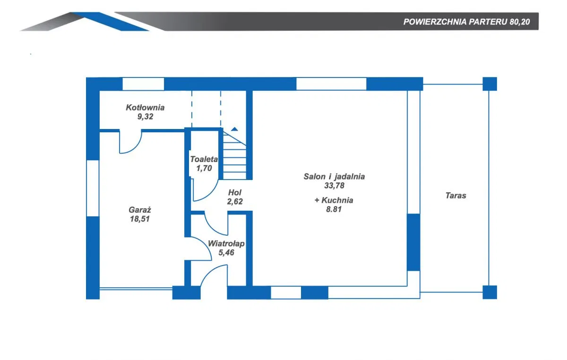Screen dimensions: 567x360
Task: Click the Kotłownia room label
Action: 145,108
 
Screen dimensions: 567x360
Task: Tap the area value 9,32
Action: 146,117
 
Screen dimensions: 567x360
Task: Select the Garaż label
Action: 140,210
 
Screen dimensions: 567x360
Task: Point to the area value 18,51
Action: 140,219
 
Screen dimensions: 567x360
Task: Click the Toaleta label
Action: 204,159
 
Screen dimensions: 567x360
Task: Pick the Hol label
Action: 235,193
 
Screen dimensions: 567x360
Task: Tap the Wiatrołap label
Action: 226,244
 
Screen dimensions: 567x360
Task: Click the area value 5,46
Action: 226,253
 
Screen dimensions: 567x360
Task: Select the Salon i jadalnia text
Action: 334,176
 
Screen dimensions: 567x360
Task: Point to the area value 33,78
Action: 334,186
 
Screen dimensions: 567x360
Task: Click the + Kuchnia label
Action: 334,200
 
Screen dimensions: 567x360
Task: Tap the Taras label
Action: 455,196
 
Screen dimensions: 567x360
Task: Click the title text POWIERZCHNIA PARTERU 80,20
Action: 466,22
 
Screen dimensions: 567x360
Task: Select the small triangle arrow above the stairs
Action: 234,129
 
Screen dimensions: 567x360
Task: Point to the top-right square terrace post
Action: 490,84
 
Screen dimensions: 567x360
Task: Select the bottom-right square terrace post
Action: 490,292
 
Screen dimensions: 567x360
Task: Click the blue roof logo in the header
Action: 110,22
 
